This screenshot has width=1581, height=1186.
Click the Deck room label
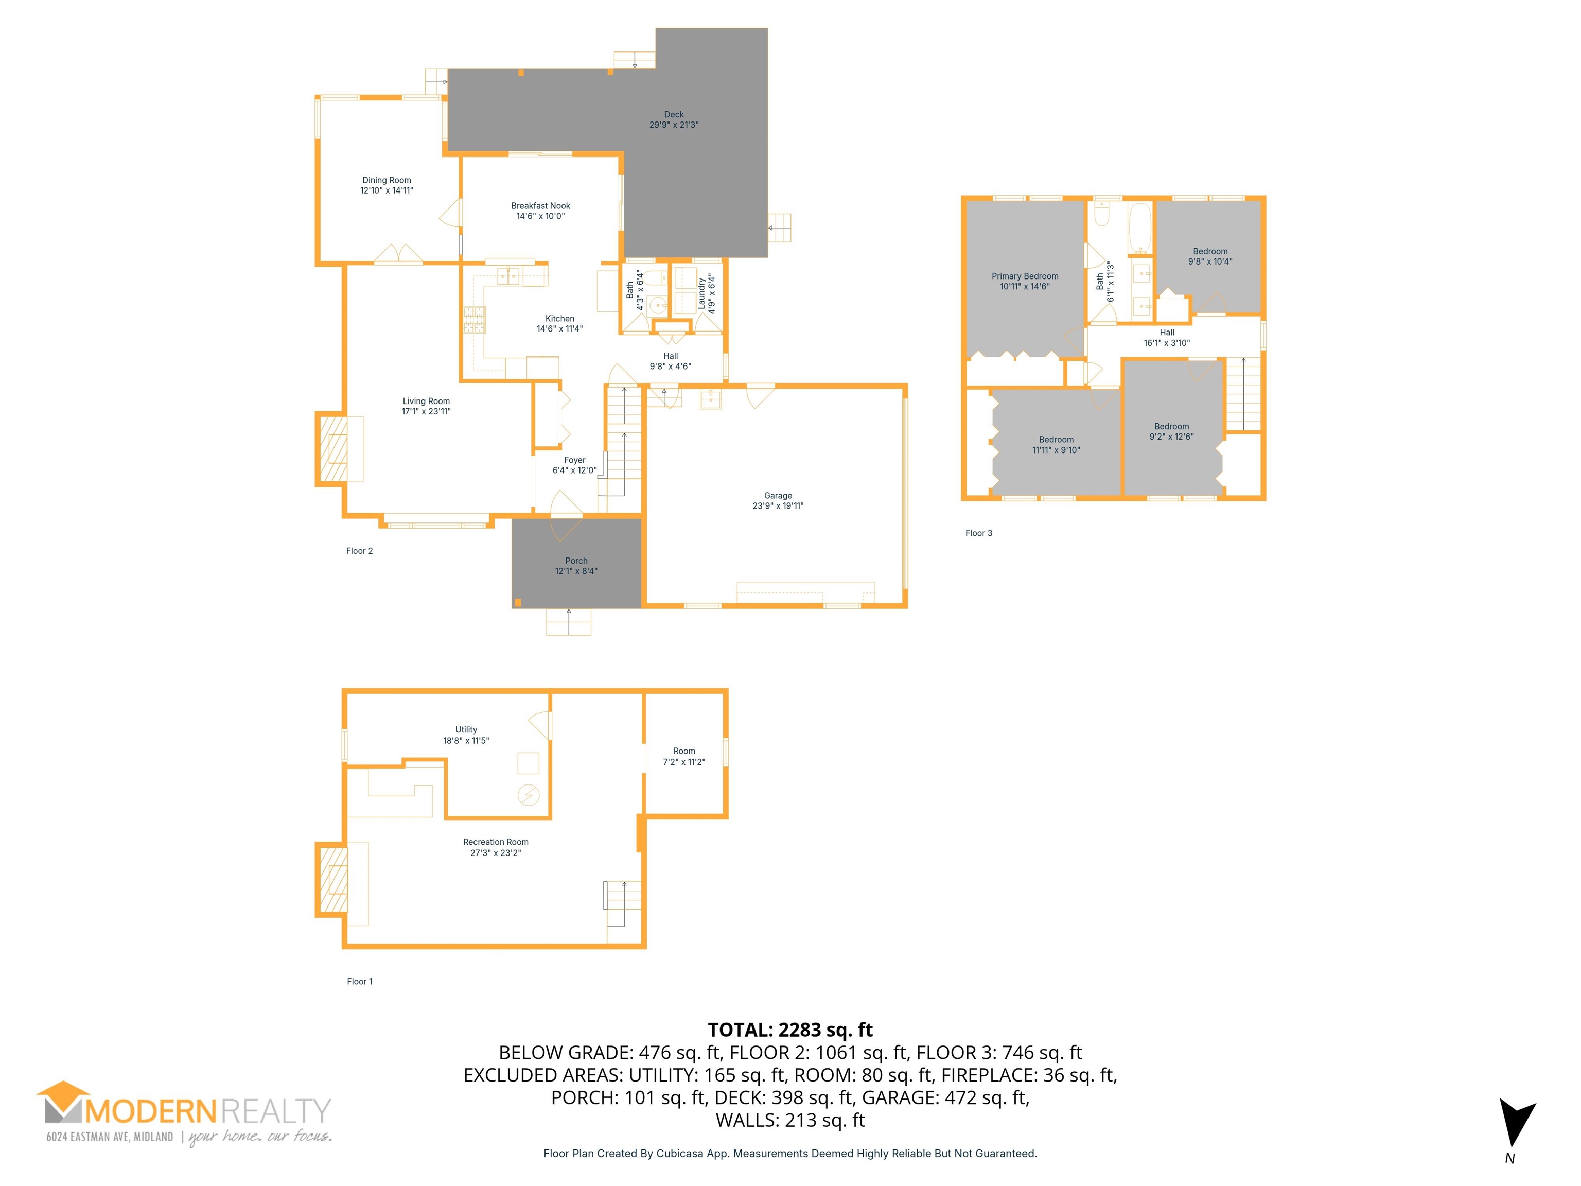[x=674, y=114]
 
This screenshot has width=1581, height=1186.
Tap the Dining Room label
[x=387, y=180]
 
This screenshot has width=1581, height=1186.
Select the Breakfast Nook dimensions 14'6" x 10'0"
[x=540, y=216]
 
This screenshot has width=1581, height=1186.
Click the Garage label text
[x=778, y=495]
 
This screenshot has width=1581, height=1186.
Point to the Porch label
[x=576, y=561]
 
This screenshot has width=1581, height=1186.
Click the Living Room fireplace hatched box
[x=333, y=448]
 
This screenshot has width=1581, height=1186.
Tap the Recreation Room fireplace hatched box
[x=333, y=879]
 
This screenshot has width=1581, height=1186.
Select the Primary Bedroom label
[x=1025, y=276]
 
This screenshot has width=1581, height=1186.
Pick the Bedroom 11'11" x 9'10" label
[x=1057, y=445]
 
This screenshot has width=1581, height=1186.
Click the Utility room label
[x=466, y=730]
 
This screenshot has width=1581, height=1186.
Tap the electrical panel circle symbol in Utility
[x=529, y=794]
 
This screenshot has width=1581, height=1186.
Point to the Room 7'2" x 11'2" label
[x=684, y=756]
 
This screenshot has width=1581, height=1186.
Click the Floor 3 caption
[x=978, y=533]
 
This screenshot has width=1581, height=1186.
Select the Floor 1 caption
[x=360, y=982]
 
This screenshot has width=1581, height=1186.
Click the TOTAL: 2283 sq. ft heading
[x=790, y=1030]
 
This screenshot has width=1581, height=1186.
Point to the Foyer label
[x=575, y=460]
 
